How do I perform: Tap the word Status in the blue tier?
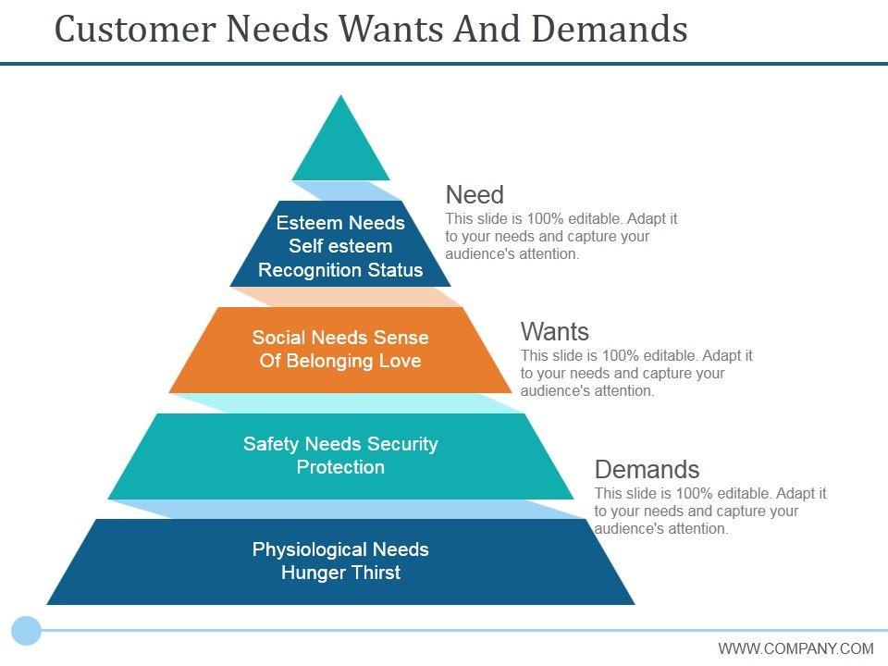click(x=394, y=270)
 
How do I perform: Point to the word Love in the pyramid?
click(x=401, y=361)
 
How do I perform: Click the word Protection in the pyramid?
click(x=340, y=467)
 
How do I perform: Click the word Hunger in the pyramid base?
click(x=310, y=573)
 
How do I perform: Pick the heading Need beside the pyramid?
click(x=475, y=195)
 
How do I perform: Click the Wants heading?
click(x=555, y=331)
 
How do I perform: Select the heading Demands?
click(x=647, y=469)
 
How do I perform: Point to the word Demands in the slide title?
click(x=609, y=30)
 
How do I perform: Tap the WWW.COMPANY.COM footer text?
click(x=795, y=648)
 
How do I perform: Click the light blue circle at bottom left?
click(x=27, y=631)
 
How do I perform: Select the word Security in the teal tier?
click(x=401, y=444)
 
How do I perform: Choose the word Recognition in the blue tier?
click(x=303, y=270)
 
